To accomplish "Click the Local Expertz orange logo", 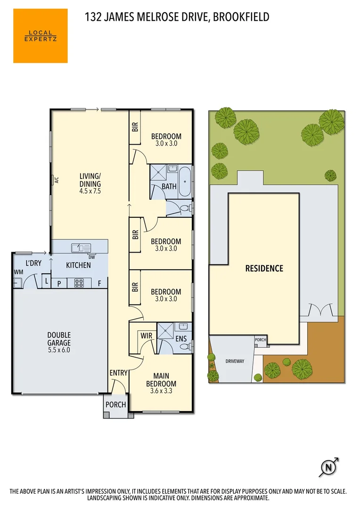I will click(40, 36).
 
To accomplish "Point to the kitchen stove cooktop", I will click(78, 283).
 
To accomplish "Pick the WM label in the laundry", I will click(18, 272).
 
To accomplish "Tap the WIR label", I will click(146, 336).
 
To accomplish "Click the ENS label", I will click(181, 338).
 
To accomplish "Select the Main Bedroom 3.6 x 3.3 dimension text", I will click(161, 391).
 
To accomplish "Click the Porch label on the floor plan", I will click(115, 404).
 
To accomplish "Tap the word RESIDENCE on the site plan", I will click(264, 269).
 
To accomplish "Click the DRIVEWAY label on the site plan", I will click(234, 361).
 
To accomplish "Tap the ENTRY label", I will click(118, 373).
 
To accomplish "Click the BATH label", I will click(169, 186).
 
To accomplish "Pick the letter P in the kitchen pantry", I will click(59, 284).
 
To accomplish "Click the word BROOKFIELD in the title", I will click(241, 17).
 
